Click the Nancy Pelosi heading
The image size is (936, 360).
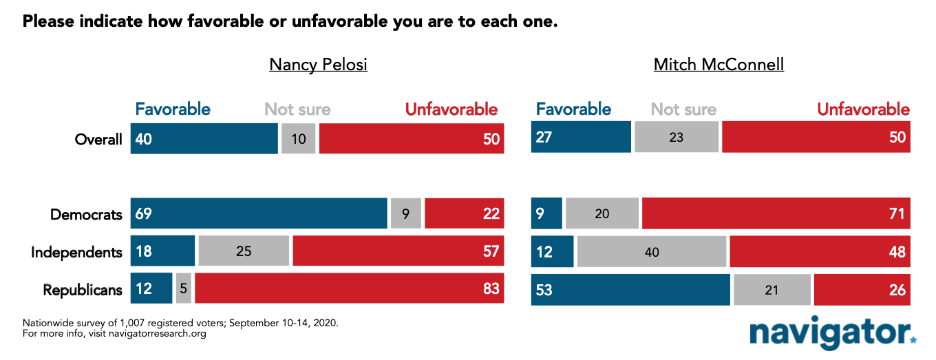click(x=318, y=65)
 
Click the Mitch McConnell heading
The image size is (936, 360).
click(x=719, y=65)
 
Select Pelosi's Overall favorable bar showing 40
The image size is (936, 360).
click(x=204, y=138)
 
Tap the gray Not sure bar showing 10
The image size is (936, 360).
click(x=299, y=138)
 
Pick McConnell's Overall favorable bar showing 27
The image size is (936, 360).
click(x=581, y=137)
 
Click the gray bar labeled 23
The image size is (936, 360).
click(x=677, y=137)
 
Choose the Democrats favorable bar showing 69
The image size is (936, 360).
click(x=259, y=213)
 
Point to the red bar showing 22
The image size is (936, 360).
click(x=465, y=213)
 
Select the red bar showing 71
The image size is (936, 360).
click(x=776, y=213)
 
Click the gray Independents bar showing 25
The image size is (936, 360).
click(x=244, y=251)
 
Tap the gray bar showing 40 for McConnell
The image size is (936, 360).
click(x=652, y=251)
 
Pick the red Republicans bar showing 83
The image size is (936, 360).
click(x=350, y=288)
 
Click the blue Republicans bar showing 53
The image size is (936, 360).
click(x=630, y=290)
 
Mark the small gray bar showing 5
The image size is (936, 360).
click(x=184, y=288)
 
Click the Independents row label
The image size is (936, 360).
click(x=76, y=252)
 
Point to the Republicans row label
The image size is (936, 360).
click(x=83, y=290)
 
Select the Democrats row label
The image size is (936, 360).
click(x=86, y=215)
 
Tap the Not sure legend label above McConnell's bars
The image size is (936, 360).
click(x=683, y=109)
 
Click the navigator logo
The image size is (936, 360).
click(x=833, y=332)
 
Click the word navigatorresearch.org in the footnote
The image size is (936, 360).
click(x=158, y=334)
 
